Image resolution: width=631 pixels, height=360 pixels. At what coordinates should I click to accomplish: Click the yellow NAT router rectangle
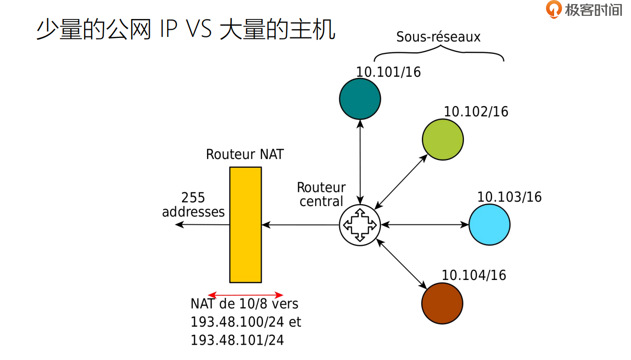246,225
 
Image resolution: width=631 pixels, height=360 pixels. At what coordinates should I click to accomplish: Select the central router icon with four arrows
360,225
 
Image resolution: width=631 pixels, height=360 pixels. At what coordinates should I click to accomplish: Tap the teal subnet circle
360,99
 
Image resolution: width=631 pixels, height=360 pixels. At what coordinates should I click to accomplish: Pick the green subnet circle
443,139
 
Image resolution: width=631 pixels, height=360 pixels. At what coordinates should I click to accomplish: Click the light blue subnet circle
490,225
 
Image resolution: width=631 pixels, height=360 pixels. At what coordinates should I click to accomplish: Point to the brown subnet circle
442,303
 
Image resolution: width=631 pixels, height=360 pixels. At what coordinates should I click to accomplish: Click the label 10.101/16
389,72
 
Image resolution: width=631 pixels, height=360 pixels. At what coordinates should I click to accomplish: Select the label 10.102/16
476,112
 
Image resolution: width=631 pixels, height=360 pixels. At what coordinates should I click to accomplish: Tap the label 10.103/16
509,197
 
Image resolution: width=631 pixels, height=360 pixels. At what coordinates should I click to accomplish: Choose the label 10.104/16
474,275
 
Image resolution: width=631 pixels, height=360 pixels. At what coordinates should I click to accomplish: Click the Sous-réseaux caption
438,37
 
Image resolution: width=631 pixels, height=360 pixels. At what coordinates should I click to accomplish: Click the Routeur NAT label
245,154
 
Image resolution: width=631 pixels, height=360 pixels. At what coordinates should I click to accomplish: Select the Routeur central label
321,194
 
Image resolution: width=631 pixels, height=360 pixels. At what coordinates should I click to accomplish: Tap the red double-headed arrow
246,295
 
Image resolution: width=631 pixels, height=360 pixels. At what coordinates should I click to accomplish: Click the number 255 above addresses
193,198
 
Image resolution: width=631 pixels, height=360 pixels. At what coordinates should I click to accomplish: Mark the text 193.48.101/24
237,340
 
